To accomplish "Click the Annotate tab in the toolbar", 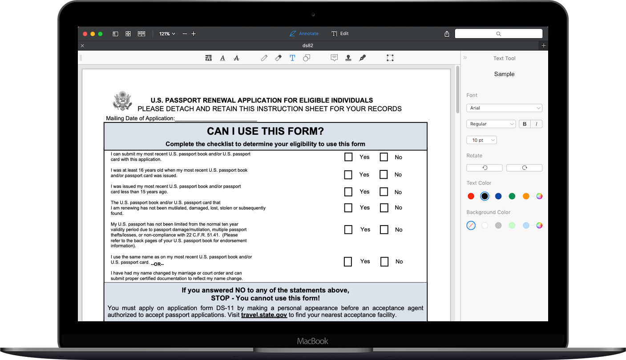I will [x=304, y=33].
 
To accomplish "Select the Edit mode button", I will [x=340, y=33].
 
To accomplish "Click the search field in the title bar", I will [x=498, y=33].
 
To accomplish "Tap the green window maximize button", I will [x=100, y=34].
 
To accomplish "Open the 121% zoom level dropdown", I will [x=167, y=34].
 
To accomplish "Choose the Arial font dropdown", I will [x=504, y=108].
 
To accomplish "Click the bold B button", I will [x=525, y=124].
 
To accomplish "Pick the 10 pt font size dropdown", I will [x=481, y=140].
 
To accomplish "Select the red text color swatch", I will [x=471, y=196].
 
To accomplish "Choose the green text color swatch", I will [x=512, y=196].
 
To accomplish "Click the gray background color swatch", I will [x=498, y=226].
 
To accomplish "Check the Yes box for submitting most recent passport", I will [x=348, y=157].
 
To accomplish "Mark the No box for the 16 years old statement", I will [x=384, y=174].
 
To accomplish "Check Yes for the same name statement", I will [x=348, y=262].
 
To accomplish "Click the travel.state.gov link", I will [x=264, y=315].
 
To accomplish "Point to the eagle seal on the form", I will [x=122, y=101].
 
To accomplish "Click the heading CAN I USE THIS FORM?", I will [x=265, y=131].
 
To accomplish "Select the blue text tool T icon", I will [x=292, y=58].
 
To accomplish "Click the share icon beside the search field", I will [x=447, y=34].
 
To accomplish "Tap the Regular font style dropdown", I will [x=491, y=124].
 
